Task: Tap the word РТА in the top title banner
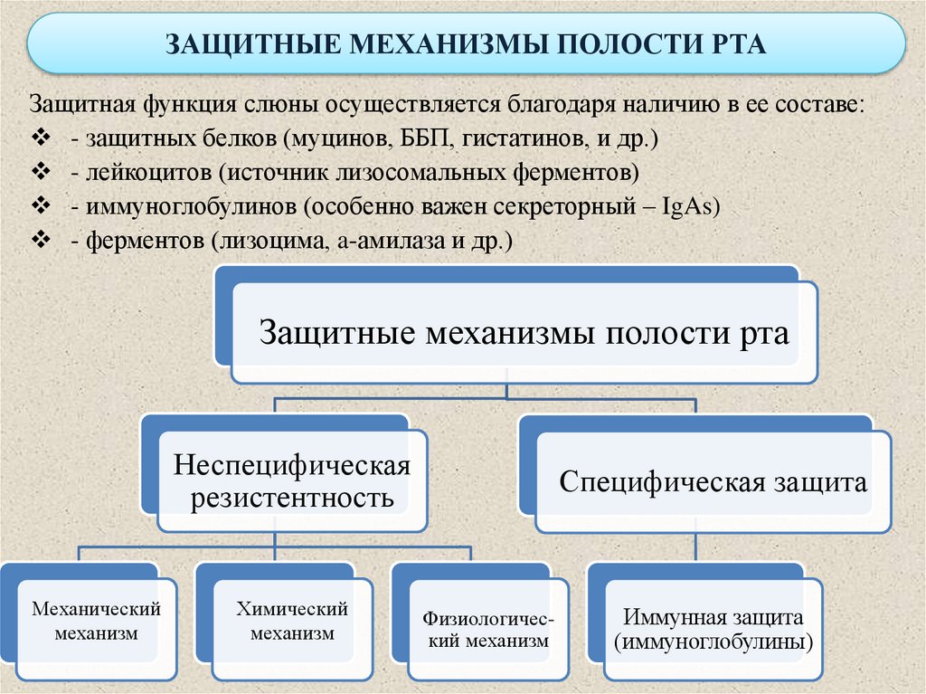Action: point(732,45)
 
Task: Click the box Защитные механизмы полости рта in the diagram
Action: point(524,332)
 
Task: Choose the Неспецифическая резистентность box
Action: point(292,481)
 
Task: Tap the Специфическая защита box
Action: point(713,481)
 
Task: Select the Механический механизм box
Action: point(96,622)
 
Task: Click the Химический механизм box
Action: point(291,622)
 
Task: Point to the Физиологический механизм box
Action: point(486,631)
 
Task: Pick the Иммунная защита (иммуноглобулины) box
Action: point(713,631)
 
